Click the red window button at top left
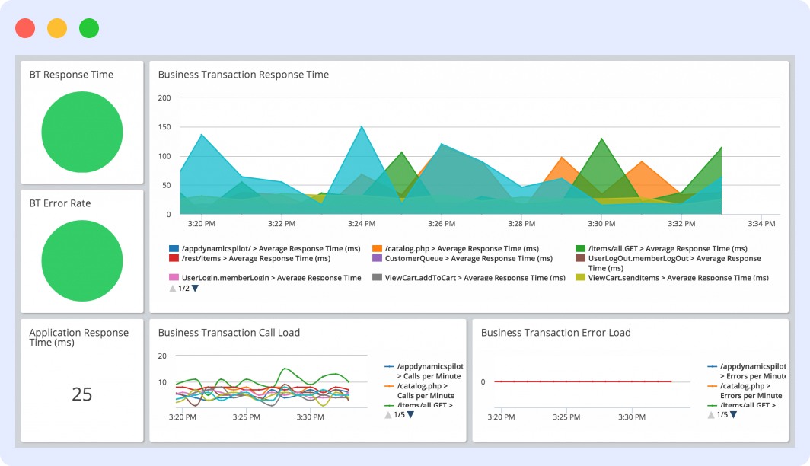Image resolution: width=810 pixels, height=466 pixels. [x=25, y=28]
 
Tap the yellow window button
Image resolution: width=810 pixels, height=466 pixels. [x=57, y=28]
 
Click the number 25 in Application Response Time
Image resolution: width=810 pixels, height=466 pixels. [x=81, y=394]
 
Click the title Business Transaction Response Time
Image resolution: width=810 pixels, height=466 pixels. [x=243, y=75]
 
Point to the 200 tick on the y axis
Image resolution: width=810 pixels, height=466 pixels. [x=164, y=97]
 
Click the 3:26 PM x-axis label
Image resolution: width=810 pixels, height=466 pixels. [x=441, y=224]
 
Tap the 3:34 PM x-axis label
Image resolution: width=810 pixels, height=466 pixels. [x=761, y=224]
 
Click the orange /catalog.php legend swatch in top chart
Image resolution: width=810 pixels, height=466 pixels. [x=377, y=249]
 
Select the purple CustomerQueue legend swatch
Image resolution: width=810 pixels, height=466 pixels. [x=377, y=259]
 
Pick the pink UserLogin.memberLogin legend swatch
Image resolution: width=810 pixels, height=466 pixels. [x=174, y=278]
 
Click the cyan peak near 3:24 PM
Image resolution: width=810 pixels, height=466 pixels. [x=362, y=127]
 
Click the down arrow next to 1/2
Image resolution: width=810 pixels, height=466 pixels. [x=195, y=289]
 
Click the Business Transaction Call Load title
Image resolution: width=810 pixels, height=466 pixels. [x=228, y=333]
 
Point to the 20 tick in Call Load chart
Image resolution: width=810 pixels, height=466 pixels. [x=162, y=356]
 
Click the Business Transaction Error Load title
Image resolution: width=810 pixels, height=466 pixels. [x=556, y=333]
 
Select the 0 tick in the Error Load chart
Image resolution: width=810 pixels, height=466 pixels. [x=483, y=381]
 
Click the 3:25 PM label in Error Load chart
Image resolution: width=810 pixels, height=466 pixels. [x=566, y=417]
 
